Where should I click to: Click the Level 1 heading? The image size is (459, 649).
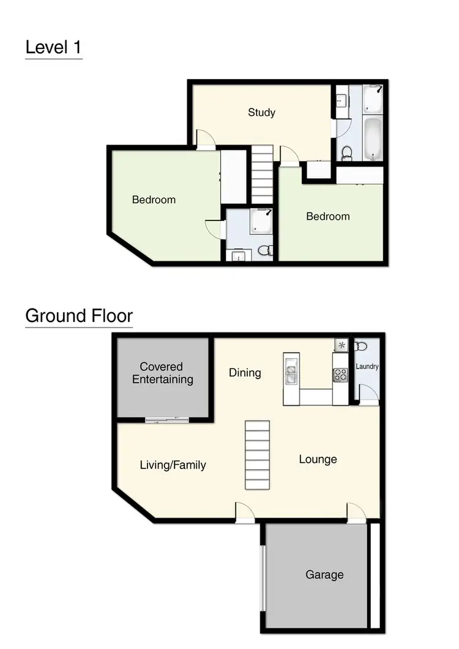pos(53,47)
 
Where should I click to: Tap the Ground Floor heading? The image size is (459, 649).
pos(78,316)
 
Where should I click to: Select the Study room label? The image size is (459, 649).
pos(261,112)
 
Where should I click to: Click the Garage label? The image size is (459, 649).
pos(324,574)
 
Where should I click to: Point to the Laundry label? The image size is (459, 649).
pos(367,367)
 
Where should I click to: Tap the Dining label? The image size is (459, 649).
pos(245,372)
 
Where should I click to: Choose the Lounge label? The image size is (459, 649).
pos(318,459)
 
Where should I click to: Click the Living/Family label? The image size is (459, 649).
pos(173,465)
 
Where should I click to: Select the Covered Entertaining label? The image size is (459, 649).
pos(162,373)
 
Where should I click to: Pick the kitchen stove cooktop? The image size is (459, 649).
pos(340,375)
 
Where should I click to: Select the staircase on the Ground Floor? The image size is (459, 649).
pos(257,455)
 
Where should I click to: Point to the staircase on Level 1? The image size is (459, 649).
pos(262,174)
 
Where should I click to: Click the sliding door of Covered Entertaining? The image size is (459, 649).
pos(166,419)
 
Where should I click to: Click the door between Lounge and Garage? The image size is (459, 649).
pos(356,512)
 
